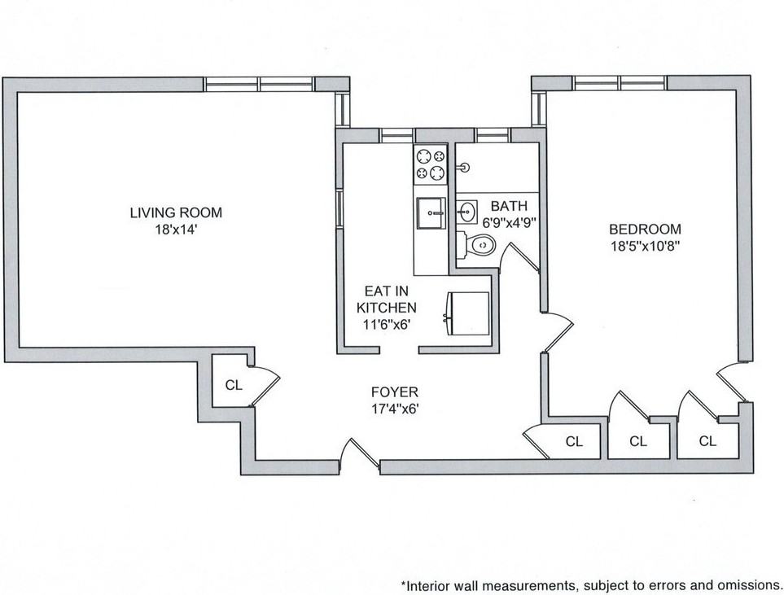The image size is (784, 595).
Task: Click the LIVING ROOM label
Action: point(176,213)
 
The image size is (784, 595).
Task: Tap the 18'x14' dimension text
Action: point(176,230)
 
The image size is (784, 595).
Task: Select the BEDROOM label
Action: point(646,230)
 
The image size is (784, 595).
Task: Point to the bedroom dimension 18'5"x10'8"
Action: point(646,245)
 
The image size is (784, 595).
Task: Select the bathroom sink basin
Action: point(466,212)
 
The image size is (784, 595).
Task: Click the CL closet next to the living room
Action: point(233,385)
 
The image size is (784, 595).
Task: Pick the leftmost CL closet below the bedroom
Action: point(574,442)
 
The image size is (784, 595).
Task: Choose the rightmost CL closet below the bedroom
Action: point(707,441)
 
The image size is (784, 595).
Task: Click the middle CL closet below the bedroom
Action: point(637,442)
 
